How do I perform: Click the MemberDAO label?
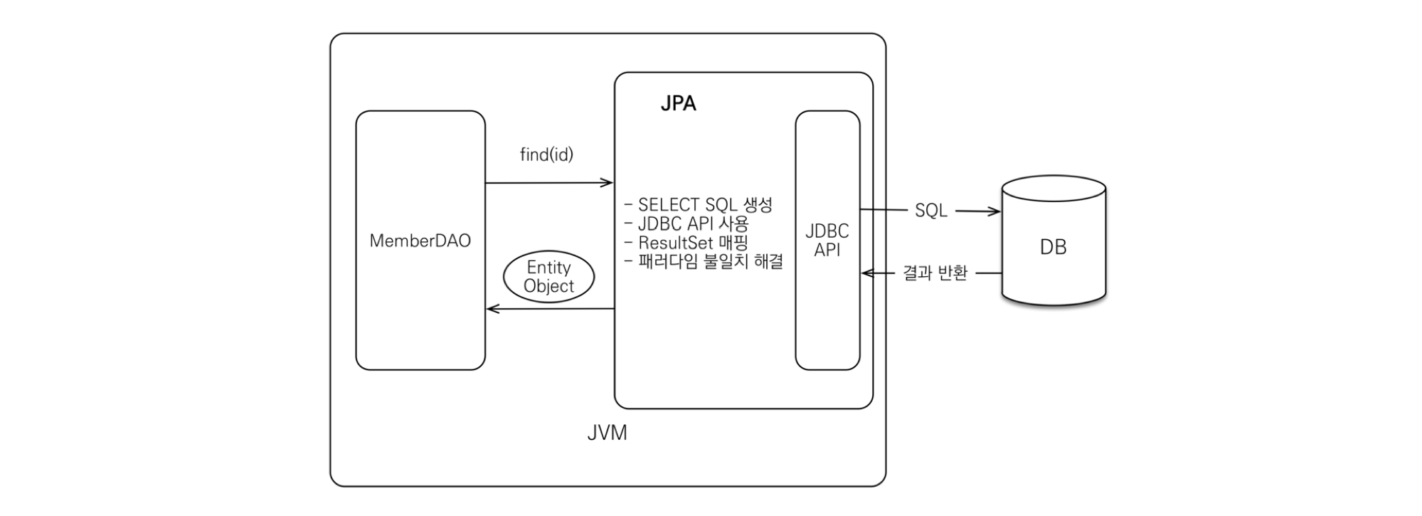point(420,241)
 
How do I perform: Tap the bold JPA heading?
point(678,104)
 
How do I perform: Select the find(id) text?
point(546,154)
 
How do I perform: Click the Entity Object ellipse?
point(548,277)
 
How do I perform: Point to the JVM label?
point(607,433)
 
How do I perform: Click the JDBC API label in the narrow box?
point(827,241)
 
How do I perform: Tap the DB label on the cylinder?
point(1053,247)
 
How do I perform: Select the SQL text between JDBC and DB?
point(930,211)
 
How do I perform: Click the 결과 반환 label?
point(935,273)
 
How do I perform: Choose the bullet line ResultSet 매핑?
point(686,243)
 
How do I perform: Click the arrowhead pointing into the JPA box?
point(607,183)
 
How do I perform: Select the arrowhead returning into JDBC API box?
point(866,273)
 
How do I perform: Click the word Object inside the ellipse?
point(548,286)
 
